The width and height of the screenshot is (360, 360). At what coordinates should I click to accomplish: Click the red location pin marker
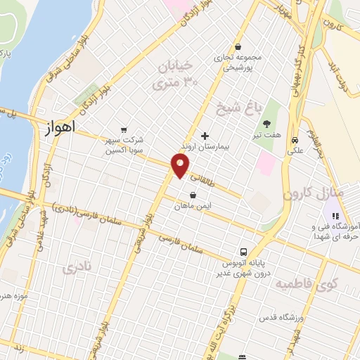181,166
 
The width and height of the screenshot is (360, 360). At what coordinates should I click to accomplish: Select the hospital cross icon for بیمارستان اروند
205,135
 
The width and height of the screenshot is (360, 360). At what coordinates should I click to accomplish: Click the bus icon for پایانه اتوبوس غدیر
243,251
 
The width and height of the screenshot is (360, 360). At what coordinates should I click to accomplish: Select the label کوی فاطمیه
306,284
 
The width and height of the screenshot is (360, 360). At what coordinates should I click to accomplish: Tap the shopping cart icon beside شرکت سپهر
124,129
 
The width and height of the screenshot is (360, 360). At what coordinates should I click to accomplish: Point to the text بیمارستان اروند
204,148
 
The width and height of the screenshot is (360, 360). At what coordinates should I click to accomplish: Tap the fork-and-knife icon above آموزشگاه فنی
335,216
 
